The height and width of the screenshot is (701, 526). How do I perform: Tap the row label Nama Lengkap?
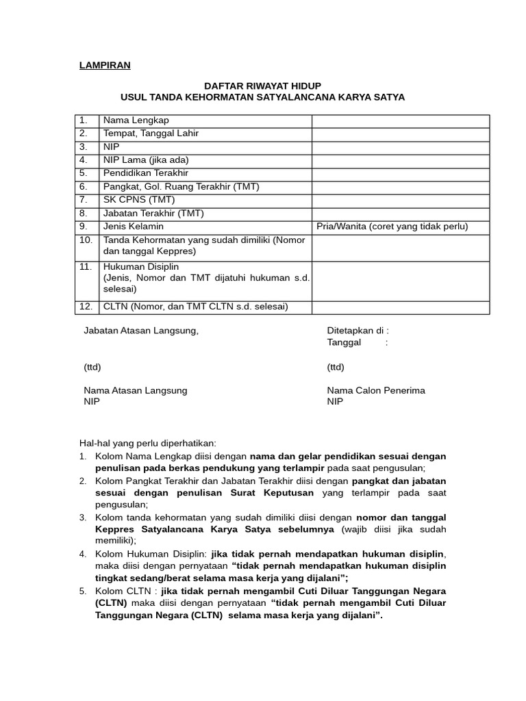tap(136, 120)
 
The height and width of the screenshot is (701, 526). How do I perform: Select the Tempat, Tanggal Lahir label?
tap(151, 133)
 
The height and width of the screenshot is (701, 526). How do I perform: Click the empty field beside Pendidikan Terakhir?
tap(401, 173)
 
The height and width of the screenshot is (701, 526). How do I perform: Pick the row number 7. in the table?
tap(84, 200)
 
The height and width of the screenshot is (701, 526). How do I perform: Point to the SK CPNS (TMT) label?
tap(139, 200)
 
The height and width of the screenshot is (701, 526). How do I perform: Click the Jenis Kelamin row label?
tap(134, 227)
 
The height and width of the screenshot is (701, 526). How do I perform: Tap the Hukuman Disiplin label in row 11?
tap(140, 266)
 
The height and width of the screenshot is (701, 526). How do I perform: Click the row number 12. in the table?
tap(86, 307)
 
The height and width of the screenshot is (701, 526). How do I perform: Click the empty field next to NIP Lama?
tap(401, 160)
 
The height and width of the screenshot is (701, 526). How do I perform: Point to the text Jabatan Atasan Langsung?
tap(140, 331)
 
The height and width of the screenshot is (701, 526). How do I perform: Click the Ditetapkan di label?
tap(358, 331)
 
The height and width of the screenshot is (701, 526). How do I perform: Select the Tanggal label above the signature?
tap(344, 342)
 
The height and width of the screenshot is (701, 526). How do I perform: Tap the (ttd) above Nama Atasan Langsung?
tap(92, 368)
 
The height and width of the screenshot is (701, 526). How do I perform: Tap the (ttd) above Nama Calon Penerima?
tap(336, 368)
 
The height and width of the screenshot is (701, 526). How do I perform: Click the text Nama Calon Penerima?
tap(376, 390)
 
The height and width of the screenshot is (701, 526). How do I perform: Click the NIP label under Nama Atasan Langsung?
tap(91, 402)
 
